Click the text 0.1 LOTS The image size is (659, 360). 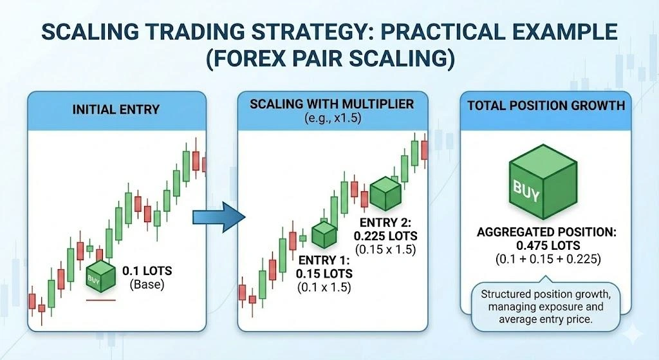coord(145,271)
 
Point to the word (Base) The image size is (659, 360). coord(145,284)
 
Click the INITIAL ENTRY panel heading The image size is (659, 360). coord(116,110)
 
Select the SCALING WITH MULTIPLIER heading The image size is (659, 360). coord(332,104)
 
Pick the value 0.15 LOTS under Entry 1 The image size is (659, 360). coord(324,274)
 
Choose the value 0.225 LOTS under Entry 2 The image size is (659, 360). coord(385,236)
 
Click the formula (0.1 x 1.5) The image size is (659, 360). coord(324,288)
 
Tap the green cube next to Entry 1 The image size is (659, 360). coord(324,234)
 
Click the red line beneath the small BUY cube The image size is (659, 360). coord(100,300)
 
